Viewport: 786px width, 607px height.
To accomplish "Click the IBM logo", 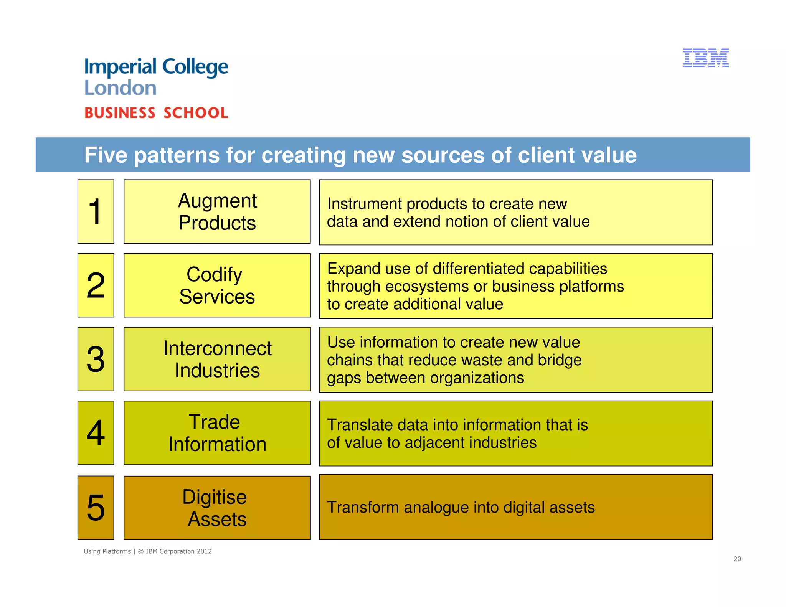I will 705,58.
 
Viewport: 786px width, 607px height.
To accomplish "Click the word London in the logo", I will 120,88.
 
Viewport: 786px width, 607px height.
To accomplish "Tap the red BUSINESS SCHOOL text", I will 156,113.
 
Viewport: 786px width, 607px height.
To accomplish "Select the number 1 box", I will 96,211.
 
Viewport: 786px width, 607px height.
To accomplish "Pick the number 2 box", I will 96,285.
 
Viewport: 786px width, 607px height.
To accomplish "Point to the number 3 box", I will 96,359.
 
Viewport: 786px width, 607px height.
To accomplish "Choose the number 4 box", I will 96,433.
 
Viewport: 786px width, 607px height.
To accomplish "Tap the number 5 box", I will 96,507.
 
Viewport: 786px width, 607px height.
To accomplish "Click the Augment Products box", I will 217,211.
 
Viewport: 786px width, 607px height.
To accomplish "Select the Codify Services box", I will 217,285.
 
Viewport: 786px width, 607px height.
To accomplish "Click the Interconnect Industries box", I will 217,359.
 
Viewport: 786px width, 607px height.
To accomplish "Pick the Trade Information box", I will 217,433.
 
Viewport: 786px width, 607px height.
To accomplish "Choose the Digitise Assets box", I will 217,508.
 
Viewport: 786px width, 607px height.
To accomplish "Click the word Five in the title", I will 106,155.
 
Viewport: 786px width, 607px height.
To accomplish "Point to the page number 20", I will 737,559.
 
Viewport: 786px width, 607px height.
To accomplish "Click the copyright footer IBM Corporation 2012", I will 178,551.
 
